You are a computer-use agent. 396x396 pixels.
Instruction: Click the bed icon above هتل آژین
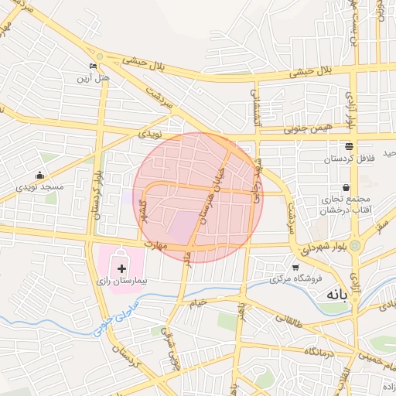point(94,66)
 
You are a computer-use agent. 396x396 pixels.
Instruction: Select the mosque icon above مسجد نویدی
point(39,176)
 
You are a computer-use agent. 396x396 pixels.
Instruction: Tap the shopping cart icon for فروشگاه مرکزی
point(295,267)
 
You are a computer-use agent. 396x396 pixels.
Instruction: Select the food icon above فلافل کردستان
point(349,145)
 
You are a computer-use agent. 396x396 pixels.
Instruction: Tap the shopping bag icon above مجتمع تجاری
point(345,187)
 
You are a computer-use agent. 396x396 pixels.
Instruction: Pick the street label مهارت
point(155,245)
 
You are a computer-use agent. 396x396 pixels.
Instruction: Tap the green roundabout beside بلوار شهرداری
point(355,246)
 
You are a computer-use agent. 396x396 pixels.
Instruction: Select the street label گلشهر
point(141,214)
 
